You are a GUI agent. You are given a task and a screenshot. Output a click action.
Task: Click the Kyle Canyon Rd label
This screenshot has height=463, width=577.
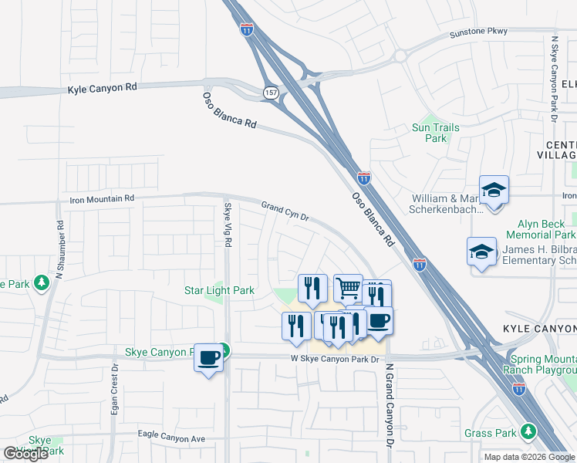[x=102, y=88]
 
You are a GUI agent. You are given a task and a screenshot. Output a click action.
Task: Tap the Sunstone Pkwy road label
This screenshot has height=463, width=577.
[x=479, y=32]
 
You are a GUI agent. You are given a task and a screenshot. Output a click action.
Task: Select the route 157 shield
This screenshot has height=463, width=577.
[x=270, y=92]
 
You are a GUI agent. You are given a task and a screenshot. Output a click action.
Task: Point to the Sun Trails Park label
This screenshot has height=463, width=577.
[x=436, y=133]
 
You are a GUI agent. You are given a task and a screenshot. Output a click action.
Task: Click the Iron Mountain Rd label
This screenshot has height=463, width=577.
[x=102, y=198]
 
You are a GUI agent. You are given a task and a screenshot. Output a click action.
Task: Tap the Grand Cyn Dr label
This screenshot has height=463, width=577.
[x=285, y=211]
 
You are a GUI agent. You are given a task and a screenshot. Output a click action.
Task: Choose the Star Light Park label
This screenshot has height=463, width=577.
[x=219, y=291]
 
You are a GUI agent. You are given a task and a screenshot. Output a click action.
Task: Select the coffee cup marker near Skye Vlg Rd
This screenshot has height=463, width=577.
[x=208, y=357]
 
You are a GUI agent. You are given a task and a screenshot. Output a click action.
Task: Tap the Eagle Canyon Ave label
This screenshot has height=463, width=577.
[x=172, y=438]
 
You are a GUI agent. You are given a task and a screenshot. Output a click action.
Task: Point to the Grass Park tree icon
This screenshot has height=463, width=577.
[x=528, y=431]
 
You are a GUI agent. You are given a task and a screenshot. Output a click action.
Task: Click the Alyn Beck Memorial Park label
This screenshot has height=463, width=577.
[x=541, y=228]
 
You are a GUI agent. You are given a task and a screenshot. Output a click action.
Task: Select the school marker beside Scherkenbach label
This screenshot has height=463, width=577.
[x=494, y=189]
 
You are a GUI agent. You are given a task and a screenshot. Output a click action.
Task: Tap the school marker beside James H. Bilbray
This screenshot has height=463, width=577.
[x=482, y=252]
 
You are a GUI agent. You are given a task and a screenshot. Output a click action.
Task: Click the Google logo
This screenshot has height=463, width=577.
[x=25, y=454]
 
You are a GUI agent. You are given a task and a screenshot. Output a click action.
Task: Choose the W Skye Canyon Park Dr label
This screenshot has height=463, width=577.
[x=336, y=360]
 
